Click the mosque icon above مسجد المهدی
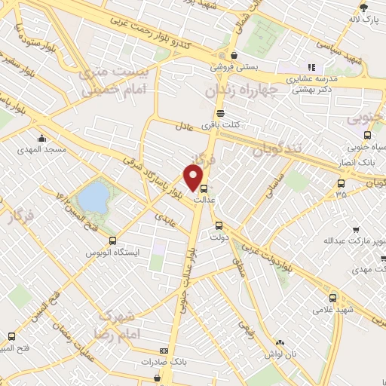[x=41, y=139]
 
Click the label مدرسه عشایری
[x=310, y=78]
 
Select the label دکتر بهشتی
[x=310, y=88]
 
